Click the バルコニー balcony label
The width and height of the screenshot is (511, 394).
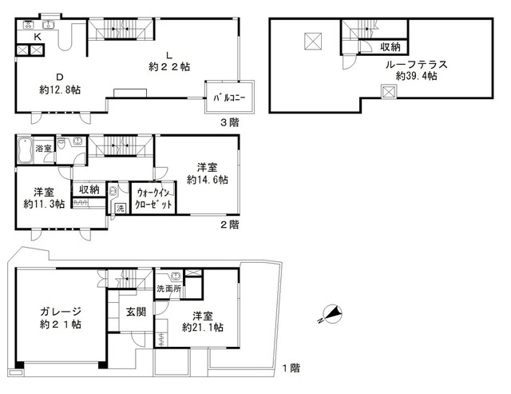(x=229, y=98)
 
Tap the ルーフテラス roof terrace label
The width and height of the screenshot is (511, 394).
(x=416, y=65)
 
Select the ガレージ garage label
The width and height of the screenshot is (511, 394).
(x=61, y=312)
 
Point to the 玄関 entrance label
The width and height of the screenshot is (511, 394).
(x=136, y=312)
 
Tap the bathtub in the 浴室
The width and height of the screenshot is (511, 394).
(x=25, y=150)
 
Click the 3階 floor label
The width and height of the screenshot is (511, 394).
(x=230, y=122)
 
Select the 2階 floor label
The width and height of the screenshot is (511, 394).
(x=230, y=225)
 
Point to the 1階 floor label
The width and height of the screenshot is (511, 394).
(x=291, y=368)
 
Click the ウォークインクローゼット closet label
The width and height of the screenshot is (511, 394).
(x=153, y=198)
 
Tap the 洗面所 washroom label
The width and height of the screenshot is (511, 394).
(x=168, y=289)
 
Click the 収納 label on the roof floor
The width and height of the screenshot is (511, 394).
(x=390, y=47)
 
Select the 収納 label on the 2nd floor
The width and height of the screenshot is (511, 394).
(x=89, y=189)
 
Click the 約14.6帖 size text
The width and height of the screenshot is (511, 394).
(x=208, y=180)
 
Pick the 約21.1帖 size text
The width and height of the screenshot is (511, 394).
(x=202, y=328)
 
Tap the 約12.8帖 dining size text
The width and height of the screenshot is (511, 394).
(x=60, y=90)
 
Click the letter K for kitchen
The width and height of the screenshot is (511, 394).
(x=38, y=37)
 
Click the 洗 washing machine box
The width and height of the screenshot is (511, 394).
(x=121, y=208)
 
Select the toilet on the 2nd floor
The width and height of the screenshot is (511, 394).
(x=61, y=143)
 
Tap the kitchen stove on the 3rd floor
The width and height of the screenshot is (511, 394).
(x=29, y=25)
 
